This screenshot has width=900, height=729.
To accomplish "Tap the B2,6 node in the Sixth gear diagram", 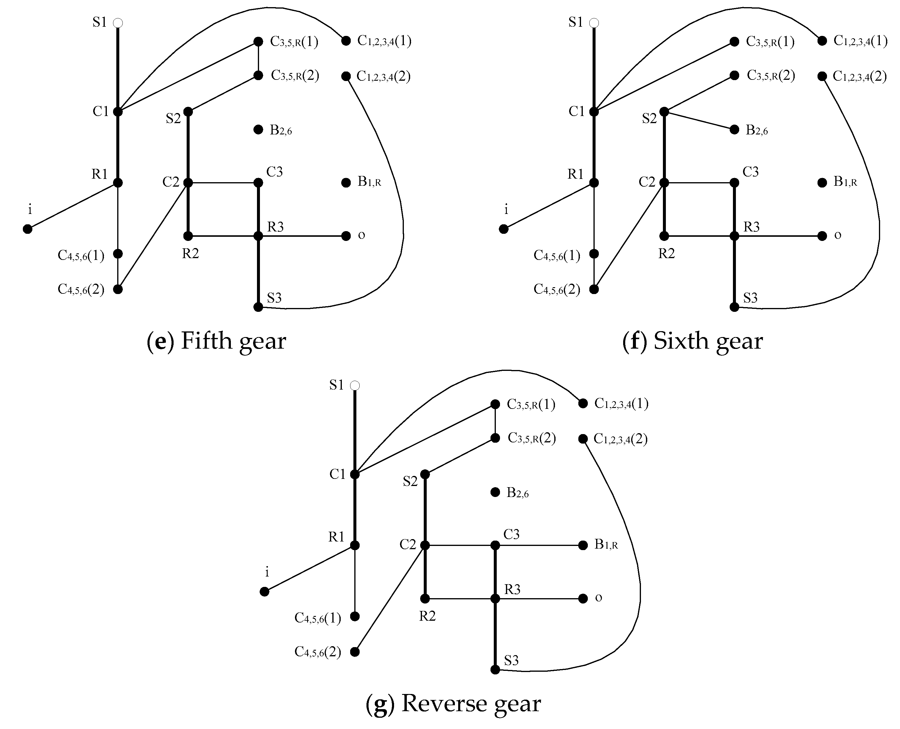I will click(734, 129).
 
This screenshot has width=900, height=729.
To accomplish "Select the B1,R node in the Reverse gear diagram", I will click(582, 545).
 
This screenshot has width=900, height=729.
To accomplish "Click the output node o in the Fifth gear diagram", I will click(346, 236).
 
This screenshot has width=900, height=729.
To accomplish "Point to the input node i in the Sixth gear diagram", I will click(504, 229).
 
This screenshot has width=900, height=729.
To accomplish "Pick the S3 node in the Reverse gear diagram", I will click(495, 669).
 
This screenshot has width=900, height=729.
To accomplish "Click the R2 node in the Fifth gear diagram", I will click(188, 236).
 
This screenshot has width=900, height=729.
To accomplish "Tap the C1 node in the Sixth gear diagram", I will click(594, 112).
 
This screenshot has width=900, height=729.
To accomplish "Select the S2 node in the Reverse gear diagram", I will click(425, 474).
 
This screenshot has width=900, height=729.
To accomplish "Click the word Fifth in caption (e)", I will click(206, 341).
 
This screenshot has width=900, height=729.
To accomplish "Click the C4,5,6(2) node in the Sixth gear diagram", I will click(594, 289).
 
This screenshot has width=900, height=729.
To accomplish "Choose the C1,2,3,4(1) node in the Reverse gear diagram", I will click(582, 404).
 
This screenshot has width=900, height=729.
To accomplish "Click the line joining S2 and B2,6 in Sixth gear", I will click(699, 120).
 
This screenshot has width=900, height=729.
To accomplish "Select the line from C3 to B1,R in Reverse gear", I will click(539, 545).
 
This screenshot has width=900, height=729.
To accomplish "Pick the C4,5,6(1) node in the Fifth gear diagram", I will click(118, 254).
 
